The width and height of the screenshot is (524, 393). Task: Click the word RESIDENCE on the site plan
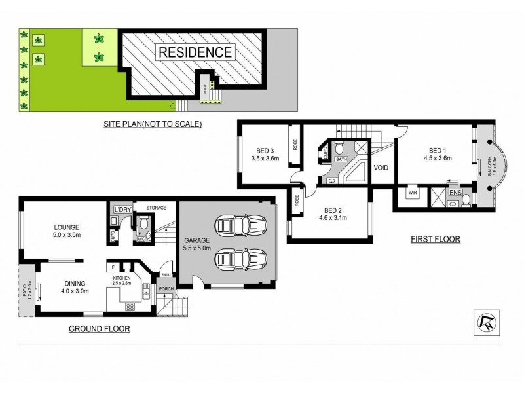pos(193,52)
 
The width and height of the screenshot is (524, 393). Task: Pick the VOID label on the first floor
pos(381,168)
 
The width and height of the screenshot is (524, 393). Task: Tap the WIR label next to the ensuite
pos(413,193)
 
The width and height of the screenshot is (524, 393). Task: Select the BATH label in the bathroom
pos(341,159)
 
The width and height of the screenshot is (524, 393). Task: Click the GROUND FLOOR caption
pos(100,329)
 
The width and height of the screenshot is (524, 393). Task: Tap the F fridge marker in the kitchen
pos(114,267)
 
